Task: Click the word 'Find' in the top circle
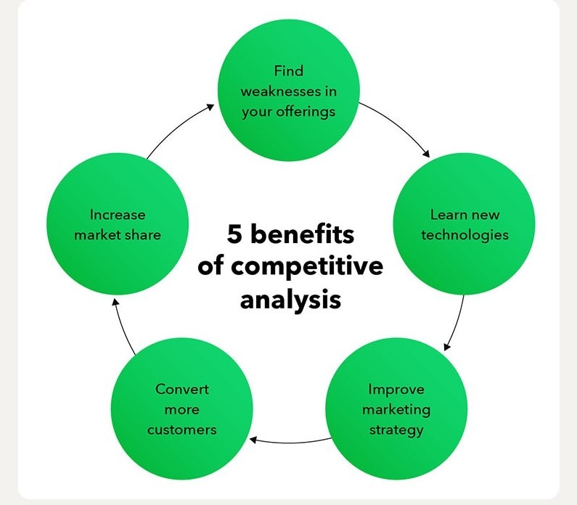click(x=289, y=70)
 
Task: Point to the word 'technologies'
click(x=465, y=235)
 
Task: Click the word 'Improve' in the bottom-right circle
click(x=396, y=389)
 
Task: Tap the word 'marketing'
click(x=396, y=410)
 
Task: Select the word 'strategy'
click(x=396, y=430)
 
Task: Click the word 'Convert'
click(x=181, y=389)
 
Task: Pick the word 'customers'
click(x=181, y=430)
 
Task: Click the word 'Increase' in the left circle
click(x=118, y=215)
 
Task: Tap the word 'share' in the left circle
click(x=142, y=235)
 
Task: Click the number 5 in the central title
click(x=234, y=234)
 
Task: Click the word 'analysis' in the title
click(x=291, y=299)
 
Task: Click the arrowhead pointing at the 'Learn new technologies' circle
click(x=426, y=153)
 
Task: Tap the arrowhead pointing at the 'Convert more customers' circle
click(x=253, y=439)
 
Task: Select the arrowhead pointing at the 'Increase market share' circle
click(x=115, y=303)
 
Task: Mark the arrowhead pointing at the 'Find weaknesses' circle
click(x=210, y=107)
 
